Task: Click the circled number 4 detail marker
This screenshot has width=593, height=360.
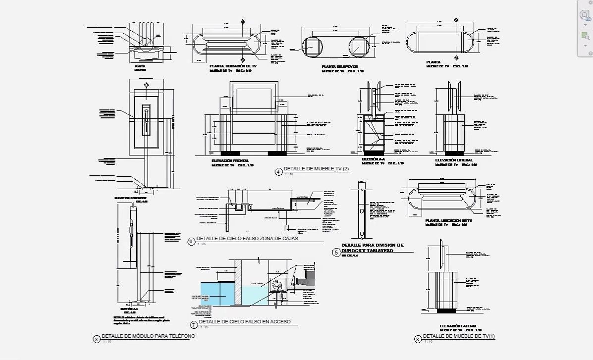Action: pos(278,172)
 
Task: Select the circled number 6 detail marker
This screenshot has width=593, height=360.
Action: pos(191,242)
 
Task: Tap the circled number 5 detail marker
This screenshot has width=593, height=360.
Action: pos(336,253)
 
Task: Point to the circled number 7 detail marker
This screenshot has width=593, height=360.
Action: pos(193,325)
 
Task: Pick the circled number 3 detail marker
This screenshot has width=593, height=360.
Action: pos(96,339)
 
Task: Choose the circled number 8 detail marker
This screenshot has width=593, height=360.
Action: pos(418,339)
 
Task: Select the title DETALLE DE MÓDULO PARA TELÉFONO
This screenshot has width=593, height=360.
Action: pos(148,336)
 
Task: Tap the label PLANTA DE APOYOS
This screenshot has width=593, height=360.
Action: pos(339,66)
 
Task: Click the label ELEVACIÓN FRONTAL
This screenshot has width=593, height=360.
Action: pos(230,161)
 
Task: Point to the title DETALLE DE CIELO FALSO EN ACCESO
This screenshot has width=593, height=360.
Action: pos(244,322)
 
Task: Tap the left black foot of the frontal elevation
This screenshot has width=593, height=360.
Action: pos(230,153)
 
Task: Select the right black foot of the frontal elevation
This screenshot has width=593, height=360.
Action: pos(277,153)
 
